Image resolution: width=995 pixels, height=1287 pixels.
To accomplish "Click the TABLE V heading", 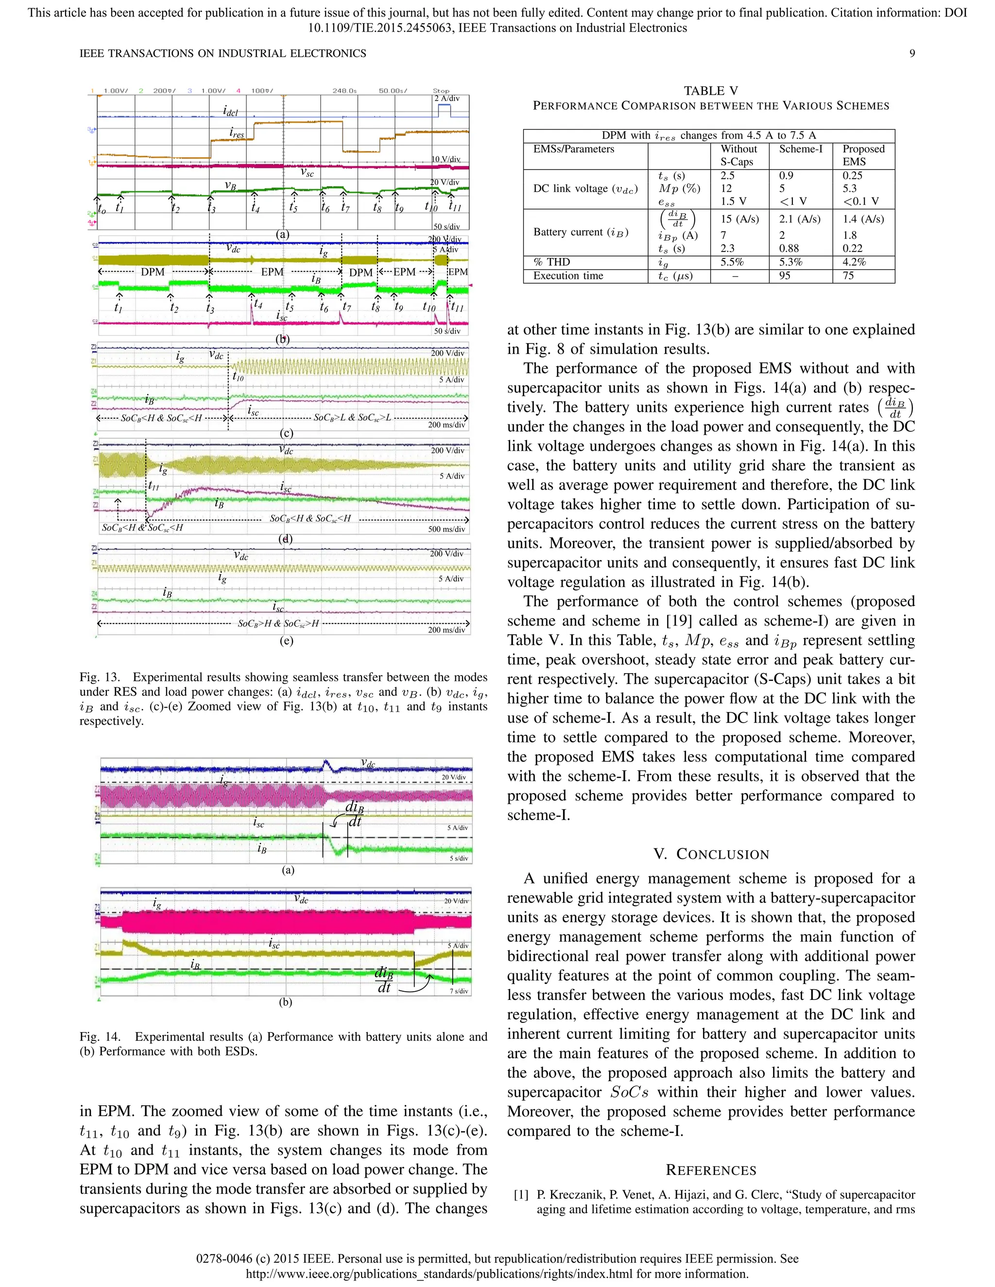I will (x=710, y=91).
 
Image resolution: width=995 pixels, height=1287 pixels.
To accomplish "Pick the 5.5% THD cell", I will (x=732, y=262).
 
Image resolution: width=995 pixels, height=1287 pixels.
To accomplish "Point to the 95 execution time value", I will (x=785, y=276).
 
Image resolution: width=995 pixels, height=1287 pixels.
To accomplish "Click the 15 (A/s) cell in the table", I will (x=739, y=219).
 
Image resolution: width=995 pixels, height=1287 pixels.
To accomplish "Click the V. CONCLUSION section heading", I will (x=711, y=854).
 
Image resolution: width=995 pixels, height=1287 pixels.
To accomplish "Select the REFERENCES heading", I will (x=711, y=1170).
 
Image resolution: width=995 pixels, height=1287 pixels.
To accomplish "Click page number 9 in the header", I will (x=912, y=53).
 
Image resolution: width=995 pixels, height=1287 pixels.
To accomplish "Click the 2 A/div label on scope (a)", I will (x=447, y=99).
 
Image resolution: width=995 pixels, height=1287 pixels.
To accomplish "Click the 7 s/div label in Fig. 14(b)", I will (x=459, y=991).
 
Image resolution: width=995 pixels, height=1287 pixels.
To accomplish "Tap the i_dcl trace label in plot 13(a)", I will (x=230, y=111).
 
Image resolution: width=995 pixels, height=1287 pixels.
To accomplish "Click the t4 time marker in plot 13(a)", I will (x=255, y=207).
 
